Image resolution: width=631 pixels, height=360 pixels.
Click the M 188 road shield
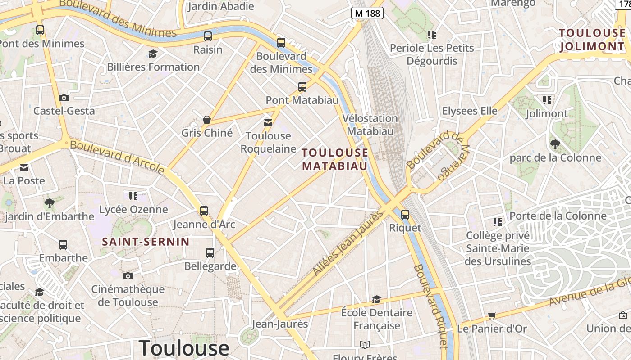click(x=367, y=13)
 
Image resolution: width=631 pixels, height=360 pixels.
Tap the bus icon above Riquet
click(x=405, y=215)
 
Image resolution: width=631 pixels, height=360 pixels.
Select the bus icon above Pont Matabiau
click(x=302, y=87)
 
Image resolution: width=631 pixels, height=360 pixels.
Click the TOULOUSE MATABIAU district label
click(x=335, y=159)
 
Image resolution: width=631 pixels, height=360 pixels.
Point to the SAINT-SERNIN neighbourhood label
click(x=146, y=242)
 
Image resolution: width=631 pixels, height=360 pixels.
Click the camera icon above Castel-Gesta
click(x=64, y=98)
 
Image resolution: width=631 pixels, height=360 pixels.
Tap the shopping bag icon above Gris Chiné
click(x=207, y=120)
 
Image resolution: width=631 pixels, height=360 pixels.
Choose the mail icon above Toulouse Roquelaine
click(x=268, y=122)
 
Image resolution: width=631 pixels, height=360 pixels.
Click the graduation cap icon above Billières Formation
click(x=153, y=54)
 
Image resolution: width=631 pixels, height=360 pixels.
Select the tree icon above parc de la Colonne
click(x=555, y=144)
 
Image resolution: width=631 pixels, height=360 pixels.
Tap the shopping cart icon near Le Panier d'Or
click(x=492, y=316)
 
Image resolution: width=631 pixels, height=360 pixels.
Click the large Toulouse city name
click(x=184, y=348)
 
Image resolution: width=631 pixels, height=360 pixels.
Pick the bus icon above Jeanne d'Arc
click(x=204, y=211)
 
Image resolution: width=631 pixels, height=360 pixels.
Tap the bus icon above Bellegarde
click(x=210, y=253)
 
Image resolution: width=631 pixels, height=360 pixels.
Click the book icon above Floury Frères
click(x=365, y=345)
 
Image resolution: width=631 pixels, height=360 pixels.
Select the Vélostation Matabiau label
click(x=370, y=125)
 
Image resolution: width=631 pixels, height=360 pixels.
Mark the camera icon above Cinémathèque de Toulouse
click(x=128, y=276)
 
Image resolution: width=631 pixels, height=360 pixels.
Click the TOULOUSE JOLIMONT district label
click(x=592, y=40)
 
